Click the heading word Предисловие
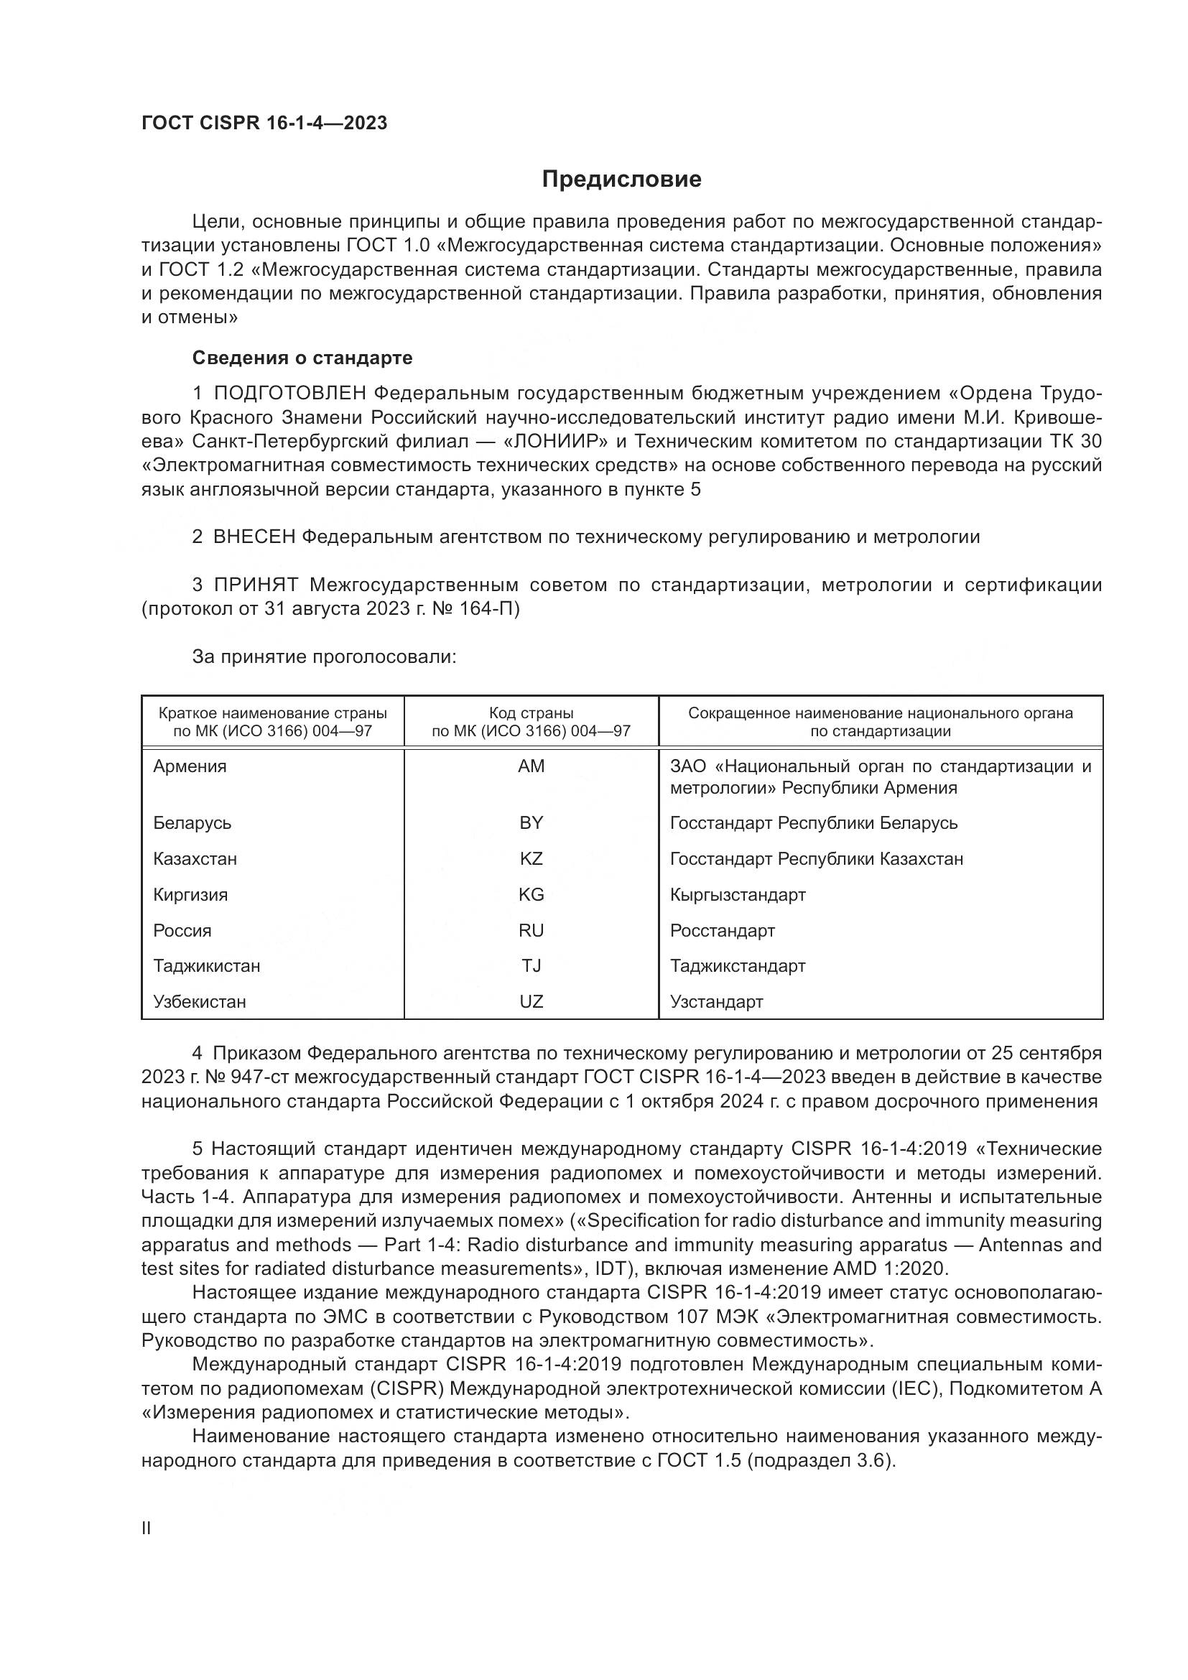point(621,180)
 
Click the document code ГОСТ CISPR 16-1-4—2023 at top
point(264,123)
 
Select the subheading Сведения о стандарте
point(302,358)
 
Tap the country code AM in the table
point(531,766)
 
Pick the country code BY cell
point(531,822)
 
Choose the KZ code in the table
point(531,858)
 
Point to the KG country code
point(531,894)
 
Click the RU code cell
point(531,930)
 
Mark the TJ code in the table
point(531,966)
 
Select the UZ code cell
point(531,1002)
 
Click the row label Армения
point(190,766)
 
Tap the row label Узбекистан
point(200,1002)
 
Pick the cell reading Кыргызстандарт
point(738,895)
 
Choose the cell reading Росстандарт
point(722,931)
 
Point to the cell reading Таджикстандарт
point(738,966)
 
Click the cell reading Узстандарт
point(716,1002)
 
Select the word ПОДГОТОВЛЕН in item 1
point(289,394)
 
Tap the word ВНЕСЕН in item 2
point(254,537)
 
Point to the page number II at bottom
point(147,1528)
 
